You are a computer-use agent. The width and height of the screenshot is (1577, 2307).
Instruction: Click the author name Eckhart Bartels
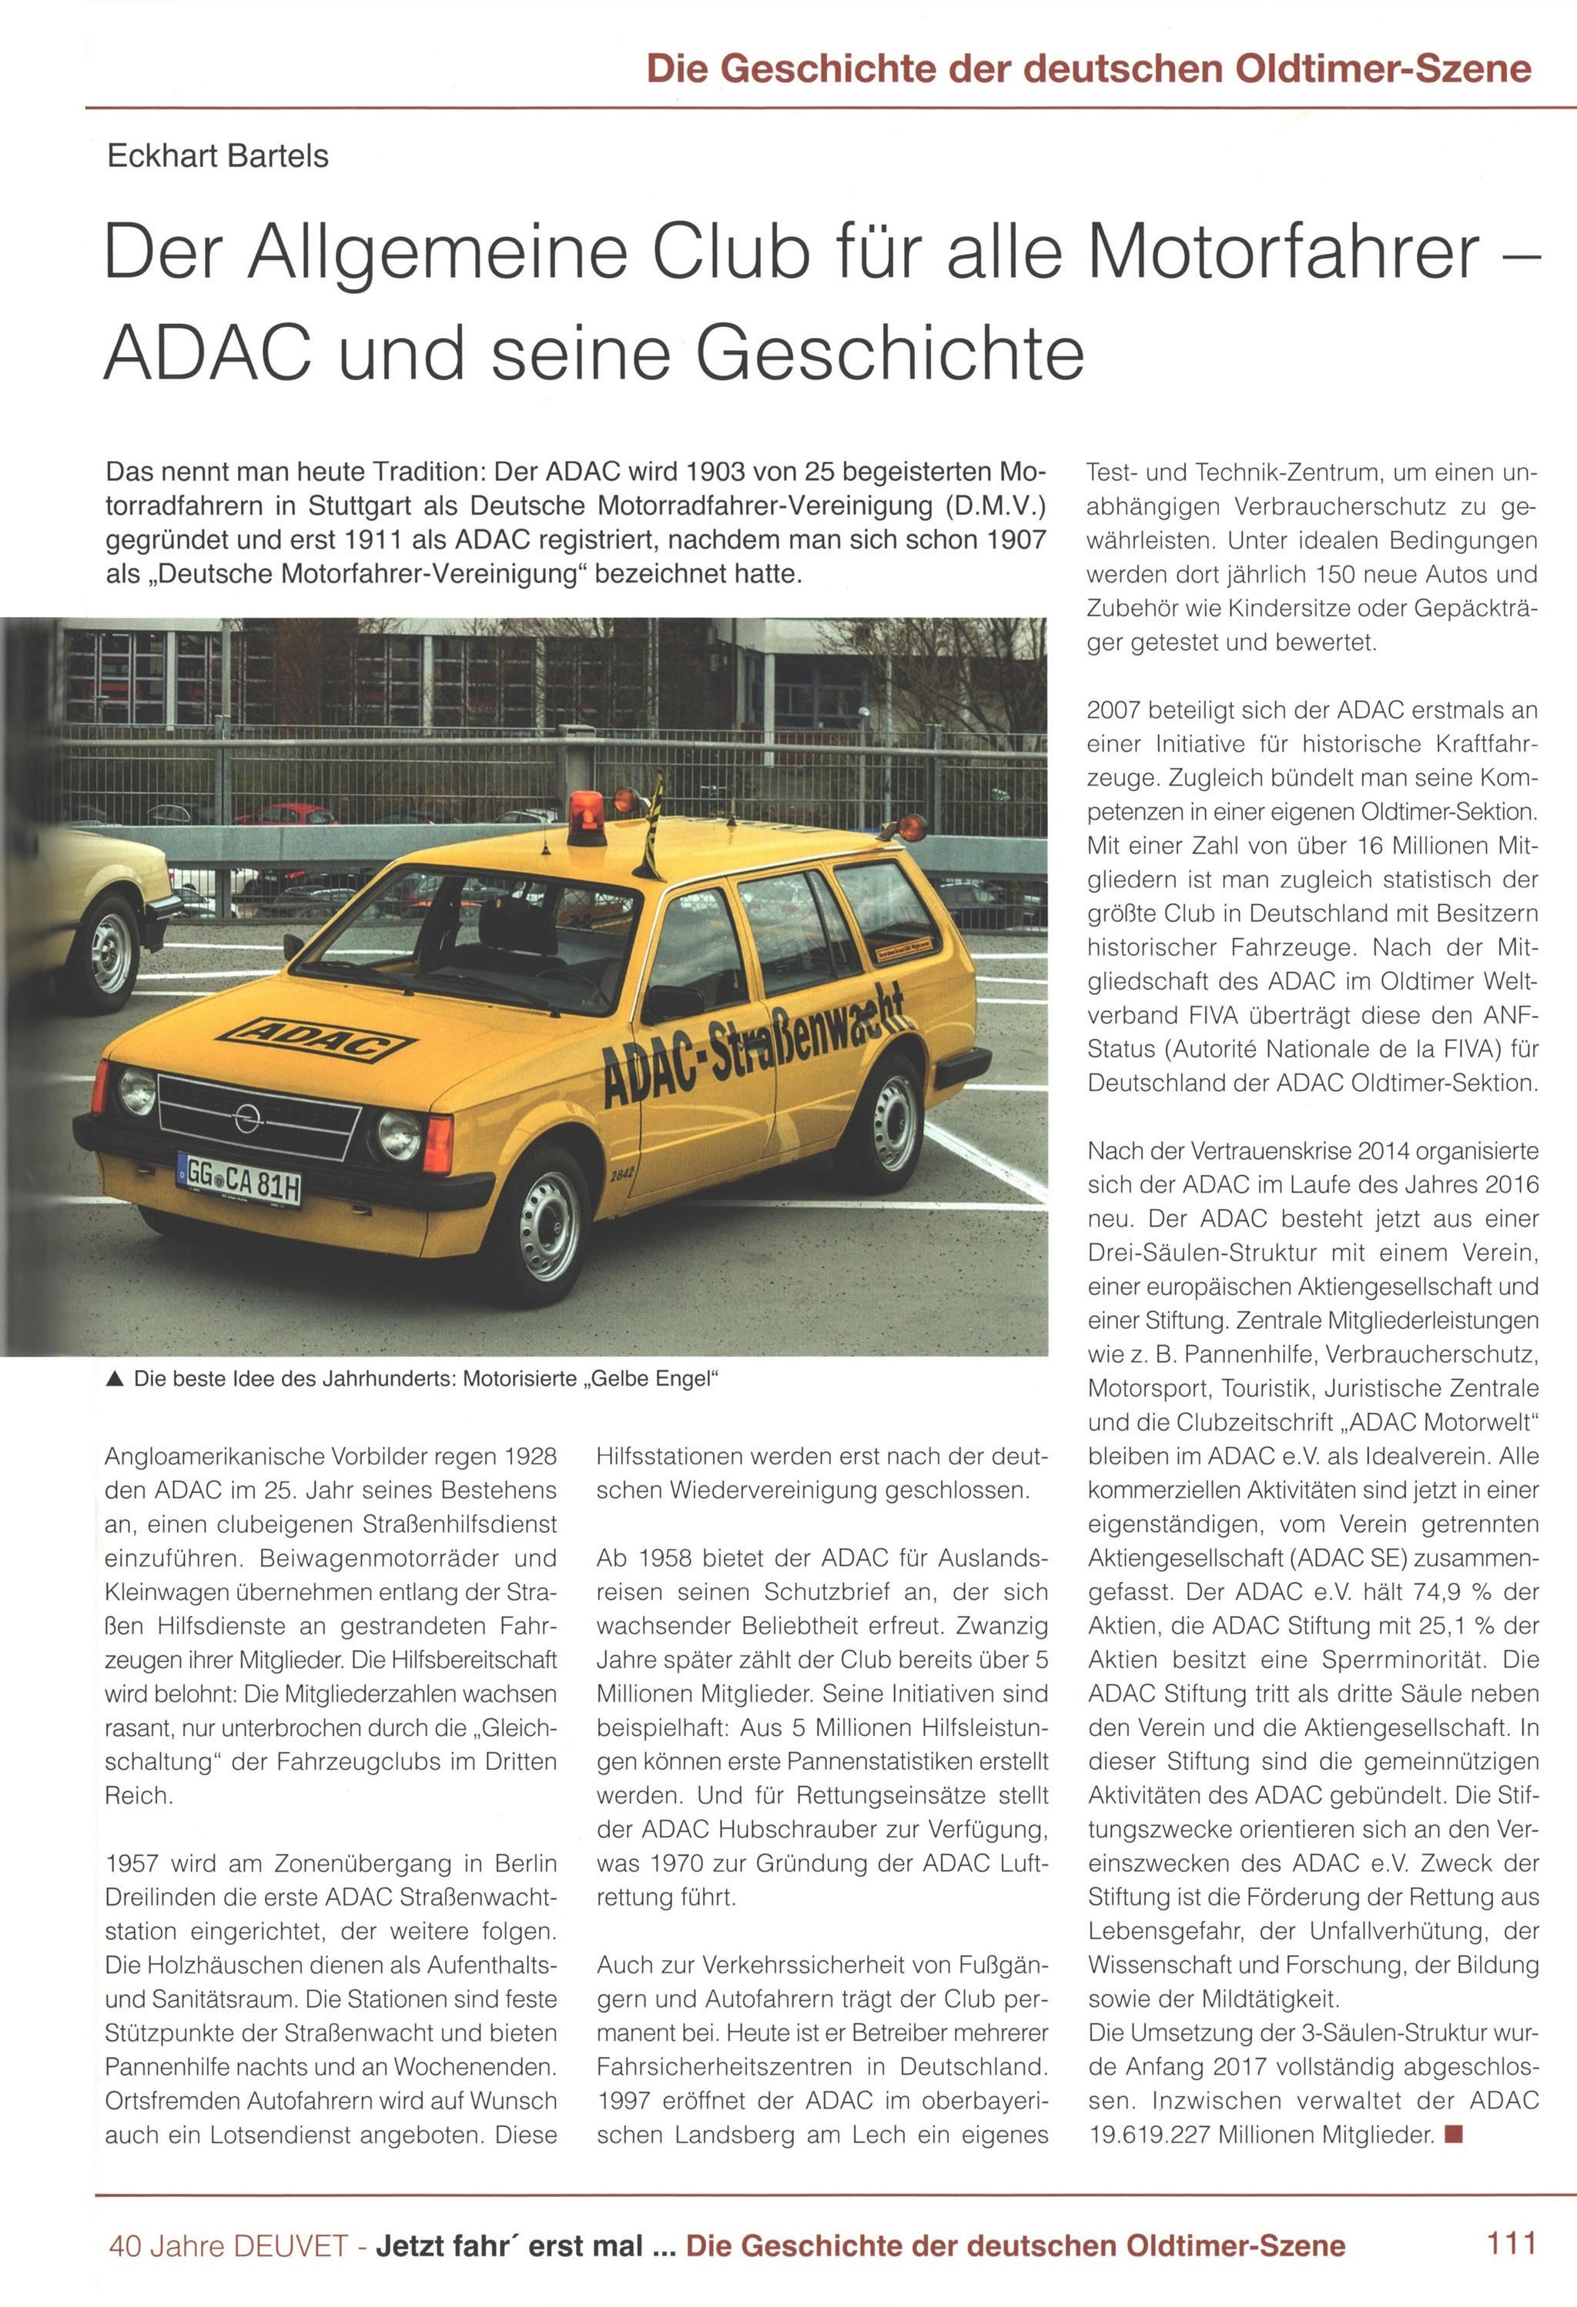pos(217,156)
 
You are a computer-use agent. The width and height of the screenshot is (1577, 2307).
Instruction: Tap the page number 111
pos(1511,2242)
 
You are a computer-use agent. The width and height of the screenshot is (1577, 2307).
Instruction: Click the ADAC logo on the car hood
pos(315,1038)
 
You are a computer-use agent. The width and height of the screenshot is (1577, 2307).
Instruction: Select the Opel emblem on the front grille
pos(247,1119)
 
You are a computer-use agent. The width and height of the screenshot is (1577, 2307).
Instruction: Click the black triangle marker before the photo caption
pos(116,1379)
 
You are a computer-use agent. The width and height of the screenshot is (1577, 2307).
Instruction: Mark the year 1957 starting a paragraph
pos(137,1863)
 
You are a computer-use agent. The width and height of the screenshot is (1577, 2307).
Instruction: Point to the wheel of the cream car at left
pos(110,953)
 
